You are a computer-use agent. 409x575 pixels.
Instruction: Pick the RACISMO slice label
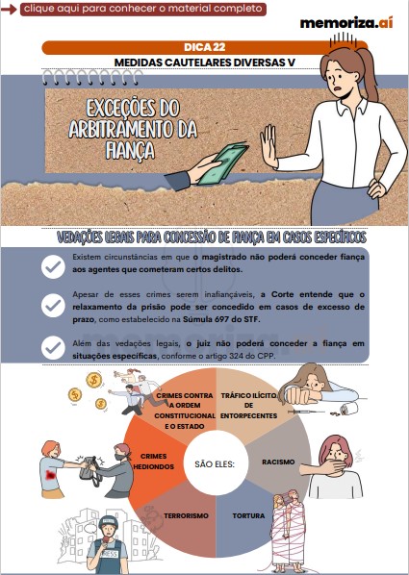[x=278, y=461]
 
